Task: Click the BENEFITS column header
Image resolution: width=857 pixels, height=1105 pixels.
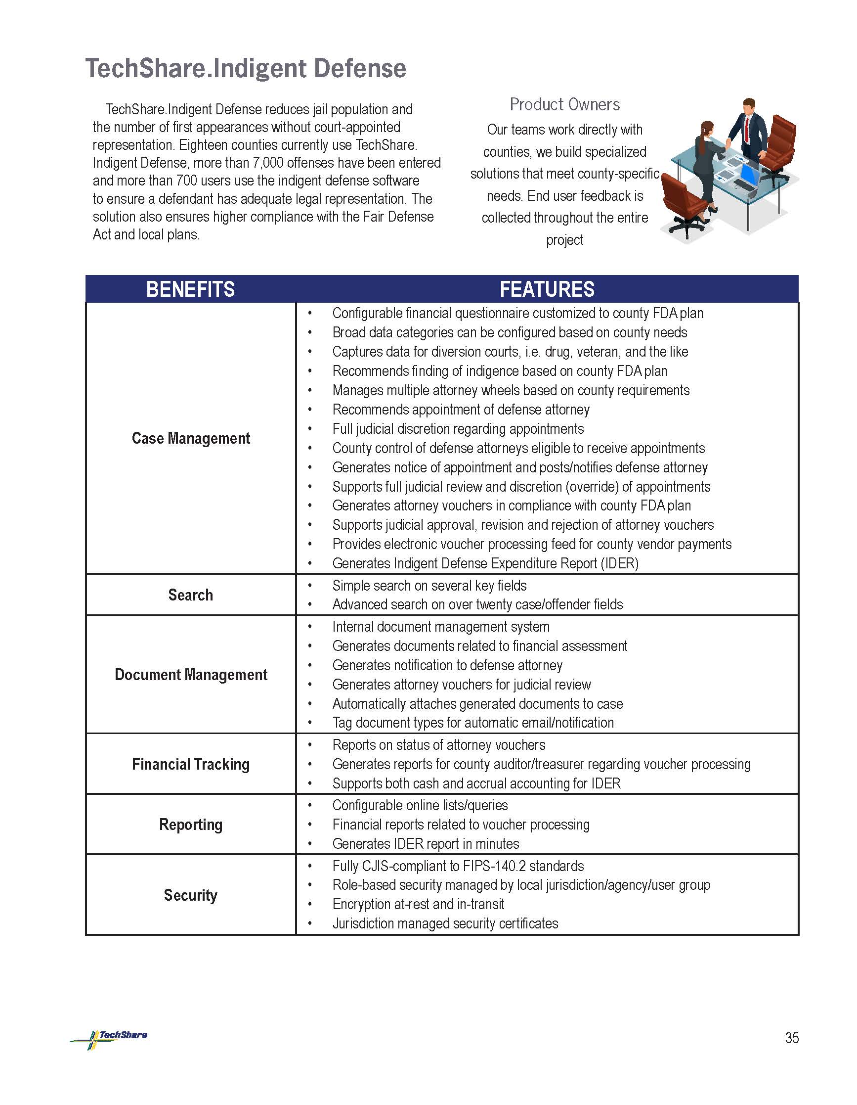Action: (x=190, y=289)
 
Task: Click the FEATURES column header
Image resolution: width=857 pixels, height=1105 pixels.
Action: (x=547, y=289)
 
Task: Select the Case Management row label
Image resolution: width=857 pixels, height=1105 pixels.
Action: (x=191, y=438)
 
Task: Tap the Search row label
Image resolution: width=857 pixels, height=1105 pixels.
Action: (x=191, y=595)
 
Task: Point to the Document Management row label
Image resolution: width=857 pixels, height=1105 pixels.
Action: (x=191, y=675)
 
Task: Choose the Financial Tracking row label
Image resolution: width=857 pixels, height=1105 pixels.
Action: (x=191, y=764)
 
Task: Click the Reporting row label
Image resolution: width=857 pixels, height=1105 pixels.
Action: (x=191, y=825)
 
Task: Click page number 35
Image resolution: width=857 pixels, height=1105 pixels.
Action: (x=792, y=1038)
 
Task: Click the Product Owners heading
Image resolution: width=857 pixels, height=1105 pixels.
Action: (x=564, y=104)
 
